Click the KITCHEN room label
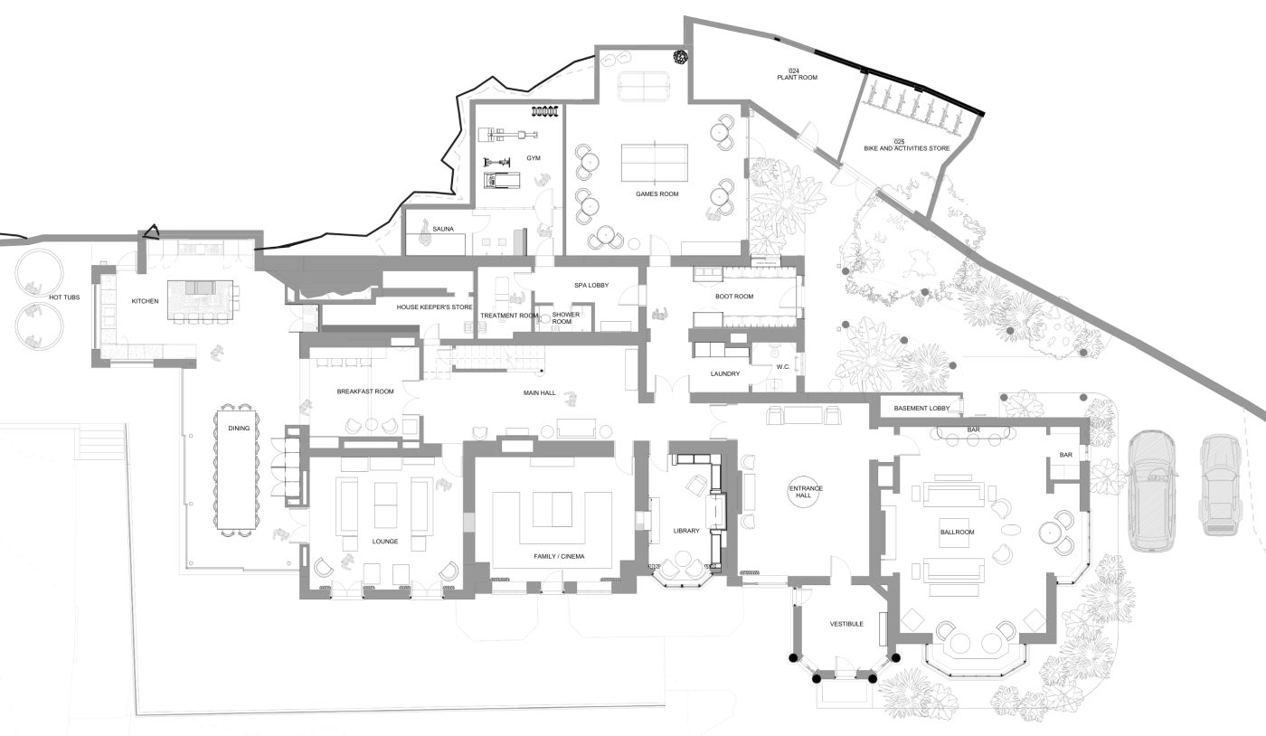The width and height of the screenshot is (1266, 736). click(146, 301)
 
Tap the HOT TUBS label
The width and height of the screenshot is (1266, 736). click(64, 297)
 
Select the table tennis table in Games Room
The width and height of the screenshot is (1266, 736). click(655, 163)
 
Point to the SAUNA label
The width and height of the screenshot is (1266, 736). click(443, 229)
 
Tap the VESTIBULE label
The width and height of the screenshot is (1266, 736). click(846, 624)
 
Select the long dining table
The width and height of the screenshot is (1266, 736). click(238, 470)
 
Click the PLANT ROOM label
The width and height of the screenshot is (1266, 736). click(798, 78)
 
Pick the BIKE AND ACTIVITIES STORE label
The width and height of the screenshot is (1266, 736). click(906, 148)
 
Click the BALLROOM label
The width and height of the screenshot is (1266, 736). click(958, 532)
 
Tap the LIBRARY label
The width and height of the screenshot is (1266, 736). click(686, 531)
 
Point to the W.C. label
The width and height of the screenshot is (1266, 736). click(783, 367)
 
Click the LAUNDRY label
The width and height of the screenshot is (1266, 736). click(725, 373)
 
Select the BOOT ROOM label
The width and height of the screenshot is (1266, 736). click(734, 297)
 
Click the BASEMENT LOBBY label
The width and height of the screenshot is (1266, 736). click(921, 408)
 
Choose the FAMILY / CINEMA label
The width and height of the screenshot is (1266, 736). click(559, 557)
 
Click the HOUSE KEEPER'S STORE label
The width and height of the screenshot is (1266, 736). click(434, 307)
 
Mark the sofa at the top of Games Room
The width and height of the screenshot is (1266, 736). click(643, 86)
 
